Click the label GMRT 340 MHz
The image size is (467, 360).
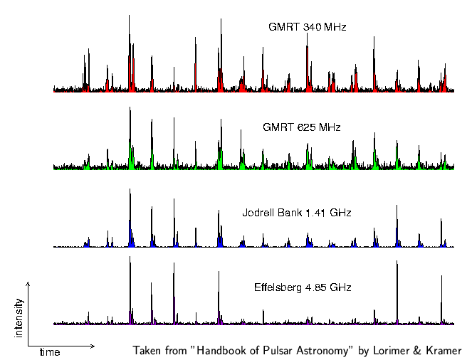point(307,27)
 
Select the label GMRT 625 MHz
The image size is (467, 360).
point(301,127)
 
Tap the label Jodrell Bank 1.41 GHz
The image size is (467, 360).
point(297,213)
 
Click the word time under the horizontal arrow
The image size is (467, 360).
point(50,352)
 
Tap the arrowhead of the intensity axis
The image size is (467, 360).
point(28,282)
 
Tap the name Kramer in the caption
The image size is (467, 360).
point(443,351)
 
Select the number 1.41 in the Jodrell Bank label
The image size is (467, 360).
point(315,213)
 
